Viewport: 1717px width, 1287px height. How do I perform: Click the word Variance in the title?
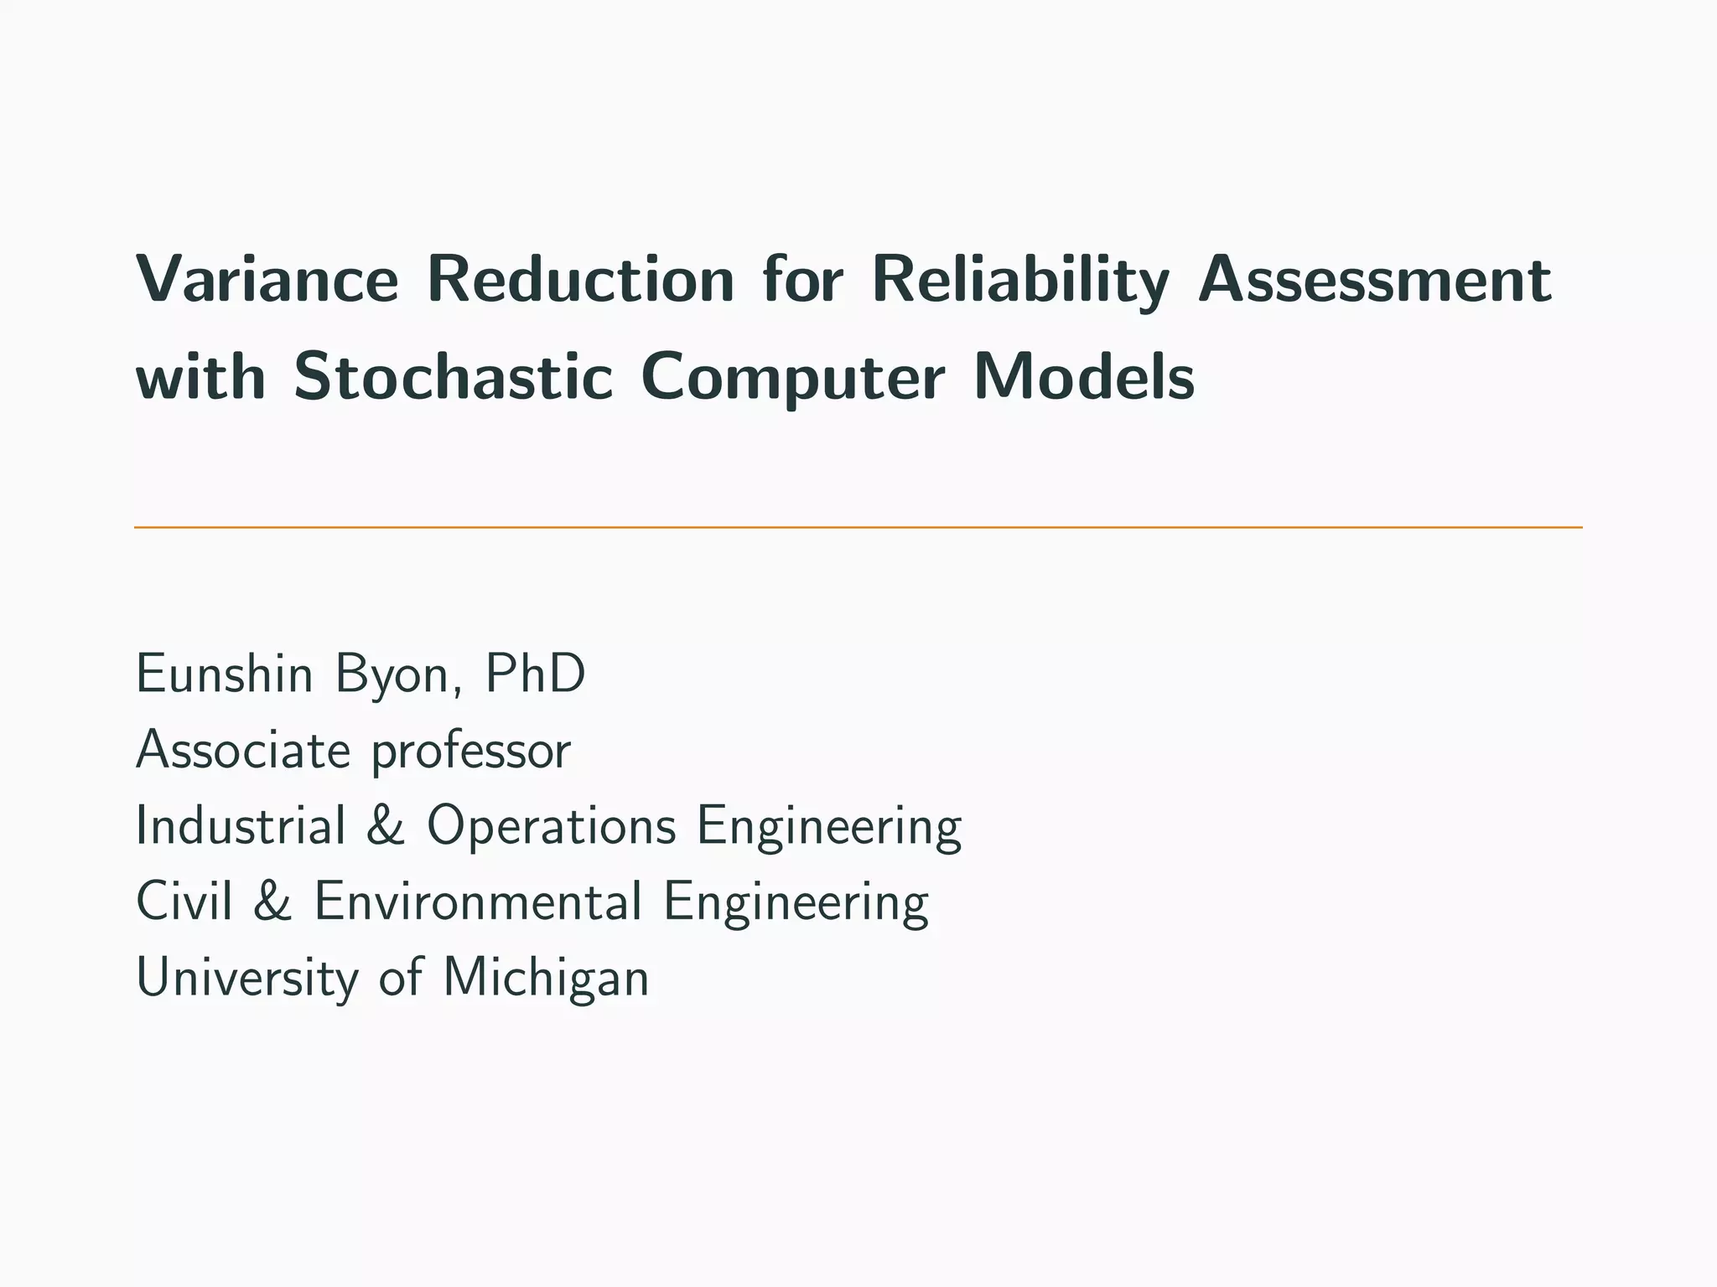(267, 280)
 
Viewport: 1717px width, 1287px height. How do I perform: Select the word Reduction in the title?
(580, 280)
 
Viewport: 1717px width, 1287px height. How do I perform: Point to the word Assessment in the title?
(1375, 280)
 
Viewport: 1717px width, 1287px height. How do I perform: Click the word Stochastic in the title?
(454, 376)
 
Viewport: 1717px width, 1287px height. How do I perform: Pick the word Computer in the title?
(793, 376)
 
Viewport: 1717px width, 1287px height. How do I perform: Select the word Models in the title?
(1083, 376)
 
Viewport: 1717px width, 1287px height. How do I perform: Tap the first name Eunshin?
(224, 674)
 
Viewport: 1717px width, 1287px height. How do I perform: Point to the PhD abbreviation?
(535, 674)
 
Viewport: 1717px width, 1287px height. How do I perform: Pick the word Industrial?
(241, 825)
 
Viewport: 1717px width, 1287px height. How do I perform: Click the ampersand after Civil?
(272, 902)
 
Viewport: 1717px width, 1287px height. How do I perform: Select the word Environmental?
(478, 902)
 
